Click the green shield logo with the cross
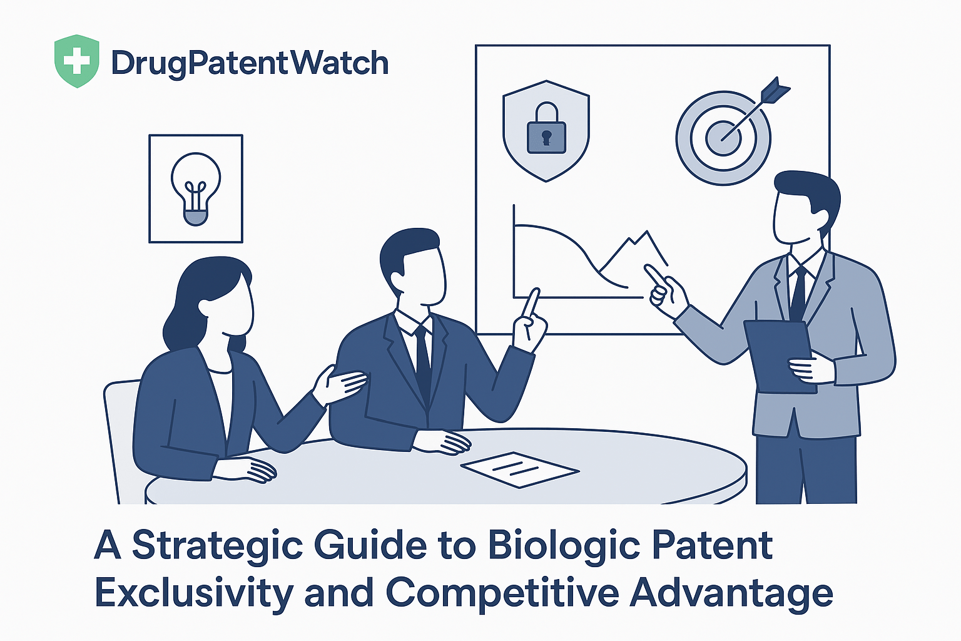[76, 61]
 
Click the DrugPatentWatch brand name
[250, 64]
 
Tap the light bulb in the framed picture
[196, 188]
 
